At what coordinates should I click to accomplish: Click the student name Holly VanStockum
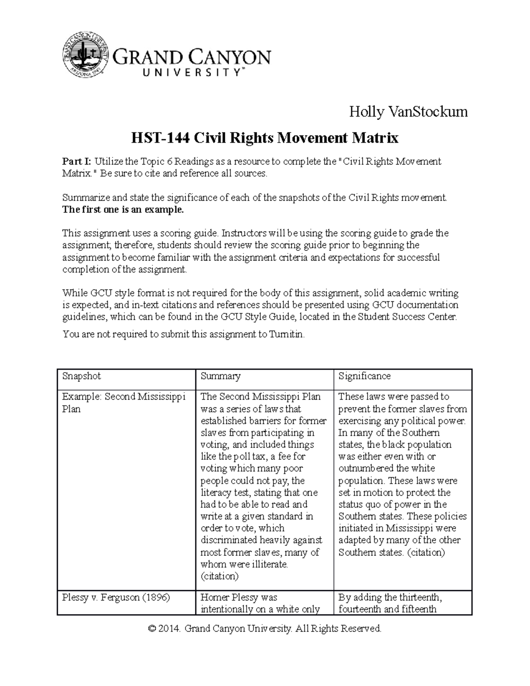tap(408, 112)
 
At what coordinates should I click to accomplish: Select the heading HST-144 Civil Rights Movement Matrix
tap(265, 138)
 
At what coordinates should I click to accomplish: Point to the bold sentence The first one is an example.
tap(123, 209)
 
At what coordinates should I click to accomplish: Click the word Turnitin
tap(287, 334)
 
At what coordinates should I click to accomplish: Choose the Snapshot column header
tap(82, 376)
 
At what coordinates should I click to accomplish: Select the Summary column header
tap(220, 376)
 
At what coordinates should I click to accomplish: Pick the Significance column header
tap(364, 376)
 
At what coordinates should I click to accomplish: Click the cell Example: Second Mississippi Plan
tap(124, 402)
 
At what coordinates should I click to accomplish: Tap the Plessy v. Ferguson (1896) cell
tap(116, 598)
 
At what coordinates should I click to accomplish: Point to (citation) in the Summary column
tap(220, 576)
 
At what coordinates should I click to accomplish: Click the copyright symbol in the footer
tap(152, 629)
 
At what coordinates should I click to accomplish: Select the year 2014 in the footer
tap(170, 629)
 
